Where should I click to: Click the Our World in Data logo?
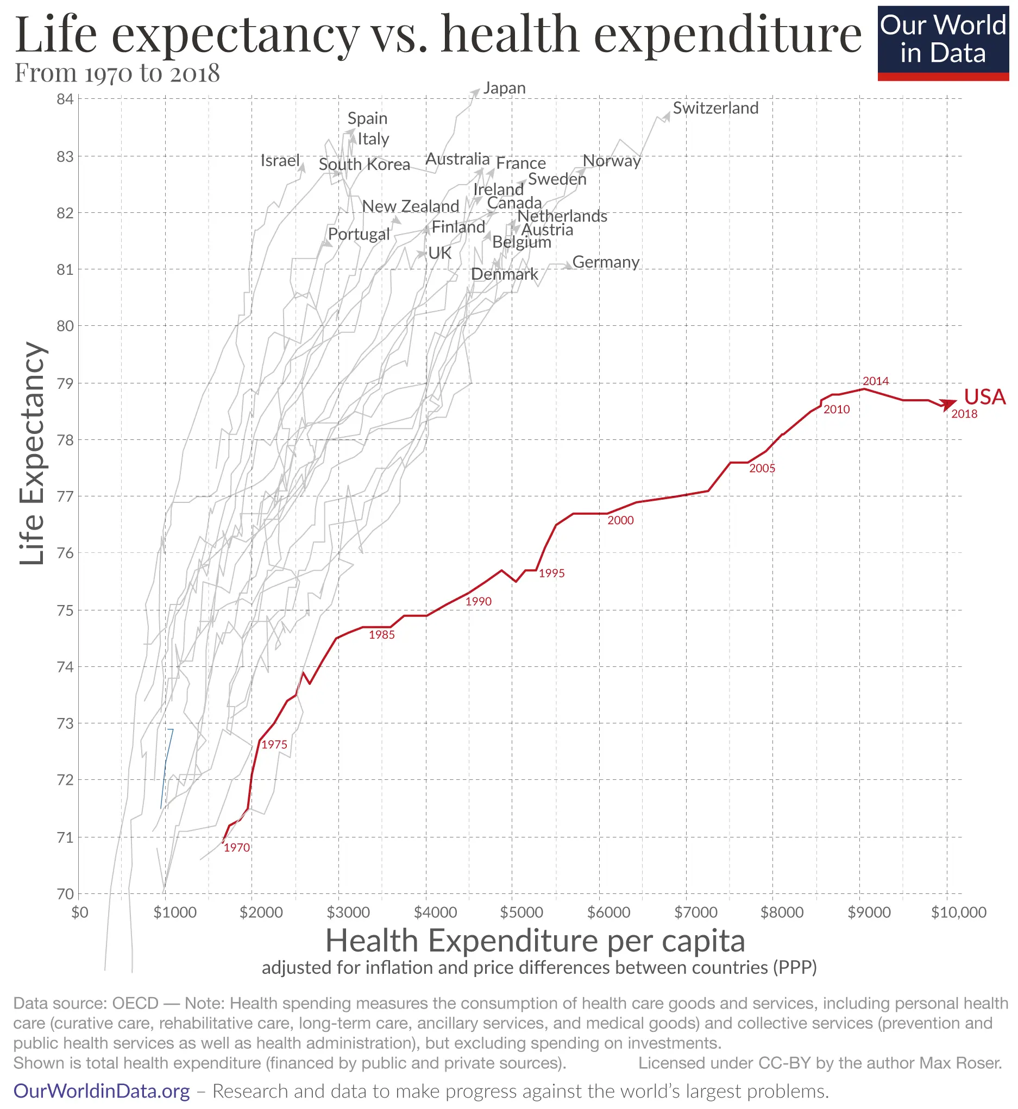tap(942, 43)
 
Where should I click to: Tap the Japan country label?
tap(504, 88)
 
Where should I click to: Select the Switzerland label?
tap(715, 108)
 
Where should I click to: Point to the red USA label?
tap(984, 397)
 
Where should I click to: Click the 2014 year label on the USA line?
tap(875, 381)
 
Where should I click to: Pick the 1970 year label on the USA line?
tap(237, 847)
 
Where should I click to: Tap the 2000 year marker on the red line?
tap(620, 520)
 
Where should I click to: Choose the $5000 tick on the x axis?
tap(521, 912)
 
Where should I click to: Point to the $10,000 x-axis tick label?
tap(958, 912)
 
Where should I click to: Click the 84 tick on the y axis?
tap(65, 99)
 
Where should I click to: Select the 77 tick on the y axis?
tap(65, 497)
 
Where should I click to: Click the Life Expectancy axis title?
tap(32, 453)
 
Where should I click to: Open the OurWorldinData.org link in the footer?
tap(102, 1091)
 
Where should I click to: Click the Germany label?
tap(605, 262)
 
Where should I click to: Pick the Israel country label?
tap(280, 160)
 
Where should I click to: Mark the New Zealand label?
tap(410, 206)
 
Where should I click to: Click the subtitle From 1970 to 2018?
tap(117, 73)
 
